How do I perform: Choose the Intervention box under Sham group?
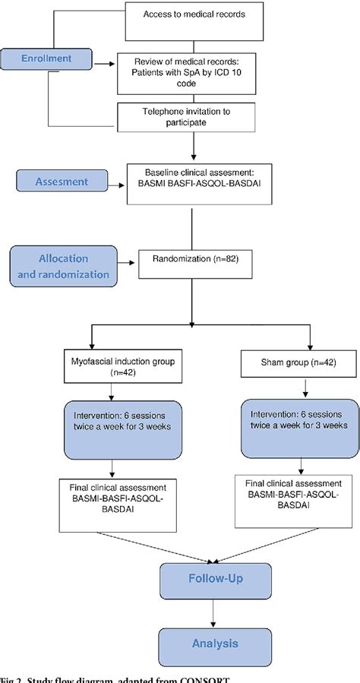point(295,420)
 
